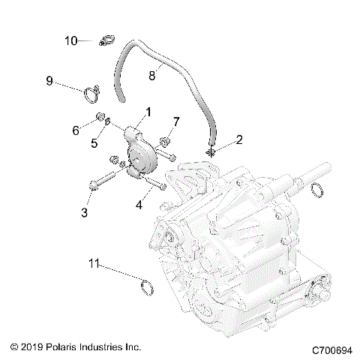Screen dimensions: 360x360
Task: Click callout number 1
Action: pyautogui.click(x=148, y=112)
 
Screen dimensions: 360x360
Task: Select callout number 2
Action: pyautogui.click(x=218, y=139)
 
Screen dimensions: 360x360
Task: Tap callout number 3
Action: pyautogui.click(x=84, y=213)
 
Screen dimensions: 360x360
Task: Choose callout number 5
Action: pyautogui.click(x=94, y=143)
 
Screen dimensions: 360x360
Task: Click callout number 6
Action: pyautogui.click(x=75, y=130)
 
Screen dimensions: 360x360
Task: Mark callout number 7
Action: pyautogui.click(x=177, y=121)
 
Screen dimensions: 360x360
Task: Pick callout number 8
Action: pyautogui.click(x=152, y=75)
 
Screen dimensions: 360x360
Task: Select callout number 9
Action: pyautogui.click(x=49, y=80)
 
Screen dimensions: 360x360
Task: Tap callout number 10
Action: pyautogui.click(x=70, y=40)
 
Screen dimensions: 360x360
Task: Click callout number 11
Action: pyautogui.click(x=94, y=263)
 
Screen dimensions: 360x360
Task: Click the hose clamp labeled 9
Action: pyautogui.click(x=93, y=94)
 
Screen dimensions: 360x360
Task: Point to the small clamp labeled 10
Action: pyautogui.click(x=105, y=41)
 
